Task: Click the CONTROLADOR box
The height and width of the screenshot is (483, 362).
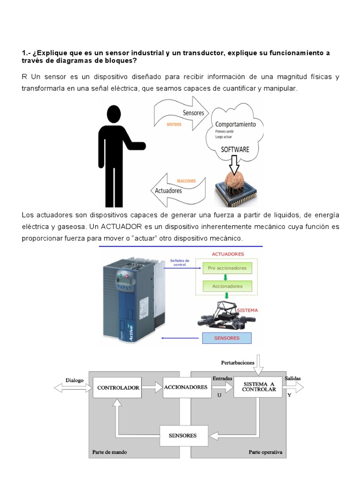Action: point(118,388)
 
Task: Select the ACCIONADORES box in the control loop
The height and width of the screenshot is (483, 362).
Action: point(185,387)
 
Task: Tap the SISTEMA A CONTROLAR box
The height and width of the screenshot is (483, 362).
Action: point(259,387)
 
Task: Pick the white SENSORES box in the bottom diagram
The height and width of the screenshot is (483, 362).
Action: point(183,435)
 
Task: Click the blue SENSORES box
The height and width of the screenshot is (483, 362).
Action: point(227,338)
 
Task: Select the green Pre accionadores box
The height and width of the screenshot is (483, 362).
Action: point(227,268)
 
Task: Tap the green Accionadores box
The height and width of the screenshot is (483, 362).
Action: point(227,286)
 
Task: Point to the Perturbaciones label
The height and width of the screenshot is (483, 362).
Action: point(238,363)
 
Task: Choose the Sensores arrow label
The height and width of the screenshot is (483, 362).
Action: point(193,113)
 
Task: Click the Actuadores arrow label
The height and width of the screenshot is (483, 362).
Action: point(169,191)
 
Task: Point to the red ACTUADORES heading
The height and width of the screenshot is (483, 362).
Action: point(227,254)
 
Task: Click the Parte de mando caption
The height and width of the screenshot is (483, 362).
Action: point(109,452)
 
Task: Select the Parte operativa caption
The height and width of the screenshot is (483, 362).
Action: point(265,452)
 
